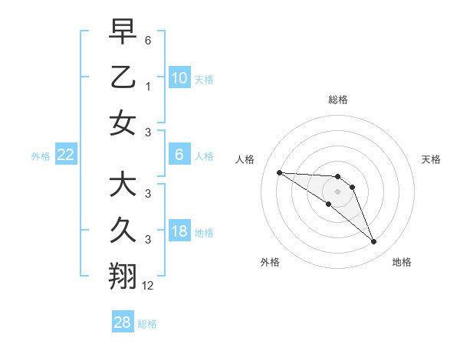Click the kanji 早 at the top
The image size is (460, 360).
click(123, 31)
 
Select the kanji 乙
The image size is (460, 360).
click(123, 77)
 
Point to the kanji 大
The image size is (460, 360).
click(123, 185)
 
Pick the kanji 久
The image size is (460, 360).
click(123, 231)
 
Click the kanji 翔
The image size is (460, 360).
click(123, 277)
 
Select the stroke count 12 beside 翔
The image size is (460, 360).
click(148, 286)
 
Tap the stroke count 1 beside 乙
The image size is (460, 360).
click(147, 86)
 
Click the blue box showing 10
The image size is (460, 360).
click(179, 77)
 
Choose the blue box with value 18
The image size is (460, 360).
click(179, 232)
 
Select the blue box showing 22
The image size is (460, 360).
click(66, 155)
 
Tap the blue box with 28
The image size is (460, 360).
click(123, 322)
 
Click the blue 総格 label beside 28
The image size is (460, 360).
click(147, 324)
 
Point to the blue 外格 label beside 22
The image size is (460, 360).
click(41, 156)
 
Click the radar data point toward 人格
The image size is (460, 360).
click(279, 172)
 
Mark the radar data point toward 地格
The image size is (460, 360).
click(374, 242)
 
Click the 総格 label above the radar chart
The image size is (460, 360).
click(337, 100)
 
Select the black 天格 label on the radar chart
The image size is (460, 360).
click(431, 159)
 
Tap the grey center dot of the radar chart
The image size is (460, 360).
click(337, 191)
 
